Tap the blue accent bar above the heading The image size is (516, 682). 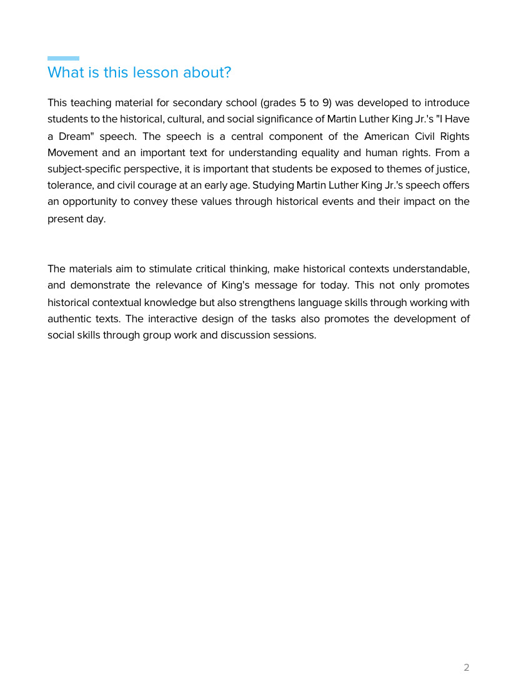point(63,58)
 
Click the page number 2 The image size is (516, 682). point(466,668)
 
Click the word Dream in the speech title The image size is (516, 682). point(77,136)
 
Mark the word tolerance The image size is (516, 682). point(70,185)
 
